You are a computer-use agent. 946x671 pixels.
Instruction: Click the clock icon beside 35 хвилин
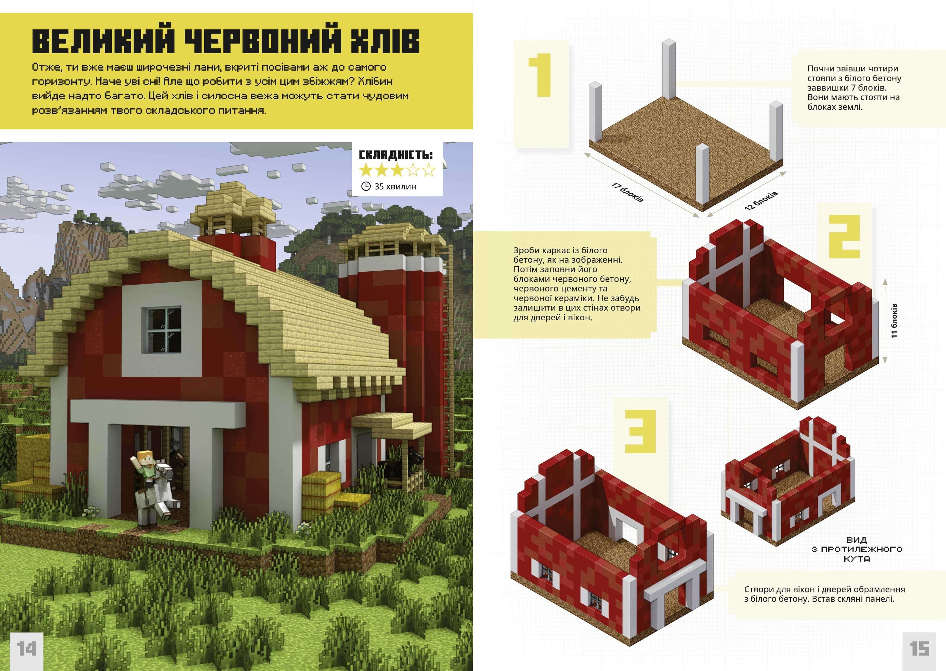pyautogui.click(x=366, y=186)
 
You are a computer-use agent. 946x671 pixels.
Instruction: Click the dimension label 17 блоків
pyautogui.click(x=627, y=192)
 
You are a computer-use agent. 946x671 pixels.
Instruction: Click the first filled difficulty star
pyautogui.click(x=366, y=170)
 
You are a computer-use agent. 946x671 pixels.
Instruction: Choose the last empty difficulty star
pyautogui.click(x=429, y=170)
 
